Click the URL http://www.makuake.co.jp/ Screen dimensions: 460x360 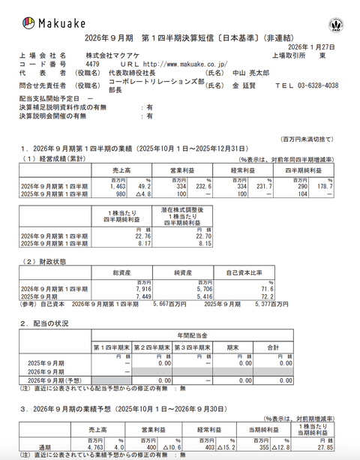click(172, 65)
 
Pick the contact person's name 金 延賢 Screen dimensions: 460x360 click(242, 86)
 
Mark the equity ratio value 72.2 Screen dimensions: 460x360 click(282, 296)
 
